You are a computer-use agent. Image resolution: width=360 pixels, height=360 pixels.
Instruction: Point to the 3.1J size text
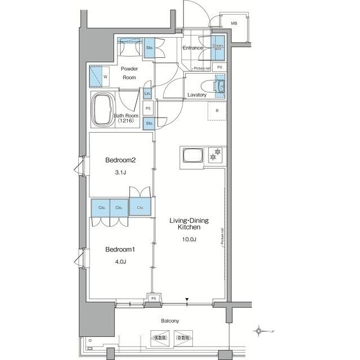[x=121, y=173]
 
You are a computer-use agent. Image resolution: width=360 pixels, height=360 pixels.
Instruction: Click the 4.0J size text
[x=121, y=261]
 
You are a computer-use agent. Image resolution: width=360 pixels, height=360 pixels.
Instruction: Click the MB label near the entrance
[x=234, y=23]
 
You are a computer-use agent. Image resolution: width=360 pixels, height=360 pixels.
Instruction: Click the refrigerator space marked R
[x=217, y=111]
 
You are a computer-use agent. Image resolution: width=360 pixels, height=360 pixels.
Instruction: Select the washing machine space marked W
[x=100, y=75]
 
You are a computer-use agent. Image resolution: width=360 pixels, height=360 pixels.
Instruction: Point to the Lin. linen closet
[x=147, y=93]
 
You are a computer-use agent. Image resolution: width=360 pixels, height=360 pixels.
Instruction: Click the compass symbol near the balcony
[x=259, y=330]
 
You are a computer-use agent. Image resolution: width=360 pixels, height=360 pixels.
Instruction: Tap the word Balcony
[x=169, y=321]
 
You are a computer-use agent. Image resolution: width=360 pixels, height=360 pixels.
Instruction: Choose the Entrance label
[x=192, y=48]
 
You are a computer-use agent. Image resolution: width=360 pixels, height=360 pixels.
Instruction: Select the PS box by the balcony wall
[x=153, y=298]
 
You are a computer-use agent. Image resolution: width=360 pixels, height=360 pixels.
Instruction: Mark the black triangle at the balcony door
[x=188, y=299]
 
